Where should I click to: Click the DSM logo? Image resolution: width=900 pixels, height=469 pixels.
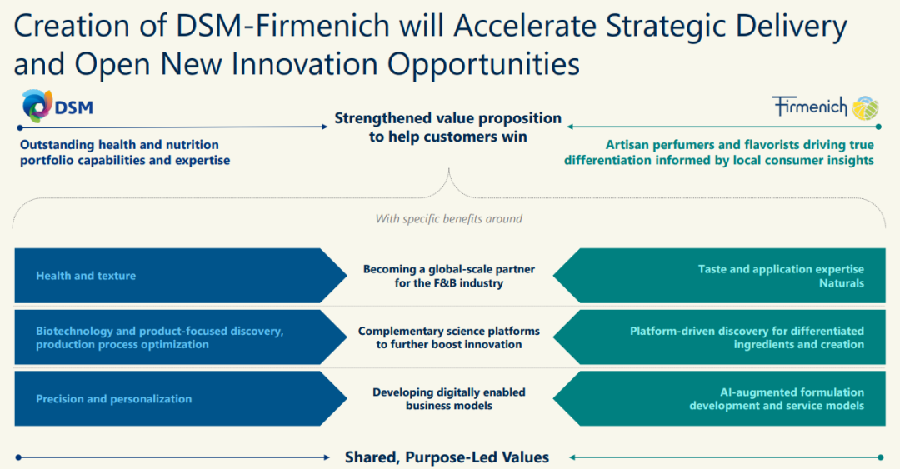click(57, 106)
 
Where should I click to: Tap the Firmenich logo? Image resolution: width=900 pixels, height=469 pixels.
click(825, 107)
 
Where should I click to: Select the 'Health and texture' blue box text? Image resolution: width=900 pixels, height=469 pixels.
click(86, 276)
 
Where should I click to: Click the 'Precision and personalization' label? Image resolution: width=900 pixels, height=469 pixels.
click(113, 399)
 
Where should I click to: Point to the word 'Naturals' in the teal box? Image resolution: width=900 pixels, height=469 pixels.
click(842, 283)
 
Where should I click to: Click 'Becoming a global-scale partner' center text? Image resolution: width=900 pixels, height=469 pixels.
click(449, 269)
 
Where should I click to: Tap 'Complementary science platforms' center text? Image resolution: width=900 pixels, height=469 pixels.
click(449, 332)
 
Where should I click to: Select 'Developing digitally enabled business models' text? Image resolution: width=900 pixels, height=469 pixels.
click(449, 398)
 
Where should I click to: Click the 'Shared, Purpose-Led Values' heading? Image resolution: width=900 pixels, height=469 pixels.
click(447, 457)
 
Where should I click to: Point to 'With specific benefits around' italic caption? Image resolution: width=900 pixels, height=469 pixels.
click(449, 219)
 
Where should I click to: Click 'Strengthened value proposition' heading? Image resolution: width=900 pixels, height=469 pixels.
click(448, 118)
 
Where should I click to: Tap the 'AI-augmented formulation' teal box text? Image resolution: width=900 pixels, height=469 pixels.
click(792, 392)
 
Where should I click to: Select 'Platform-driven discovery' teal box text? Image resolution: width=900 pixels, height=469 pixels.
click(747, 332)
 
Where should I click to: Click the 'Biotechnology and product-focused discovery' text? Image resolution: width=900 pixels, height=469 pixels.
click(159, 332)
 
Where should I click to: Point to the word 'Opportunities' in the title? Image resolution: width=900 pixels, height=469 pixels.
click(483, 64)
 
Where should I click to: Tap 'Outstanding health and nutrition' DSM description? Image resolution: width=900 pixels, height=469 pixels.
click(119, 145)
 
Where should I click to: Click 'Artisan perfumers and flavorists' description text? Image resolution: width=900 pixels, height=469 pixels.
click(740, 145)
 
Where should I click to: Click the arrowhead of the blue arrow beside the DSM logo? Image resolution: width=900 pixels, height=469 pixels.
click(325, 127)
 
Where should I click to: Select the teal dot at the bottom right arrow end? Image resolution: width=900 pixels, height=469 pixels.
click(880, 457)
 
